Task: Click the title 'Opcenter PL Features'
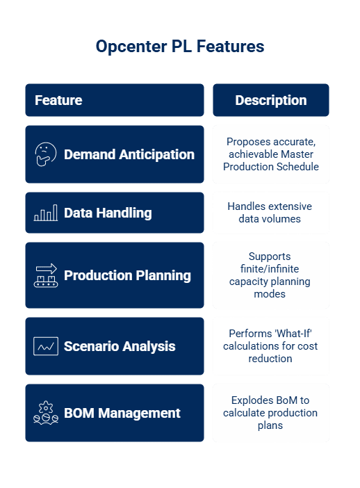tap(180, 47)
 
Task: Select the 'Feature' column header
tap(58, 100)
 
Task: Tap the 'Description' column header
tap(271, 100)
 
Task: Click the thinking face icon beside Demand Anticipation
tap(45, 154)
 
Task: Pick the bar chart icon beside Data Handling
tap(46, 213)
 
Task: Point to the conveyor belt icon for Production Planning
tap(46, 275)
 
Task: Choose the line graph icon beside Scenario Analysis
tap(46, 346)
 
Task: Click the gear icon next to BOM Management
tap(46, 413)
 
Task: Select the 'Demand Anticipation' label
tap(129, 154)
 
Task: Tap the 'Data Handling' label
tap(108, 213)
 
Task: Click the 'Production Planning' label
tap(127, 275)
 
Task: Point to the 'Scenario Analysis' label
tap(120, 346)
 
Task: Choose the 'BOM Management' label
tap(122, 413)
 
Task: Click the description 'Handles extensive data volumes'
tap(270, 213)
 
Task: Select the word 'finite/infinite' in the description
tap(270, 268)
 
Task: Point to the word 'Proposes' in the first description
tap(248, 142)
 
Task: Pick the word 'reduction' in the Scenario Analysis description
tap(270, 359)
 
